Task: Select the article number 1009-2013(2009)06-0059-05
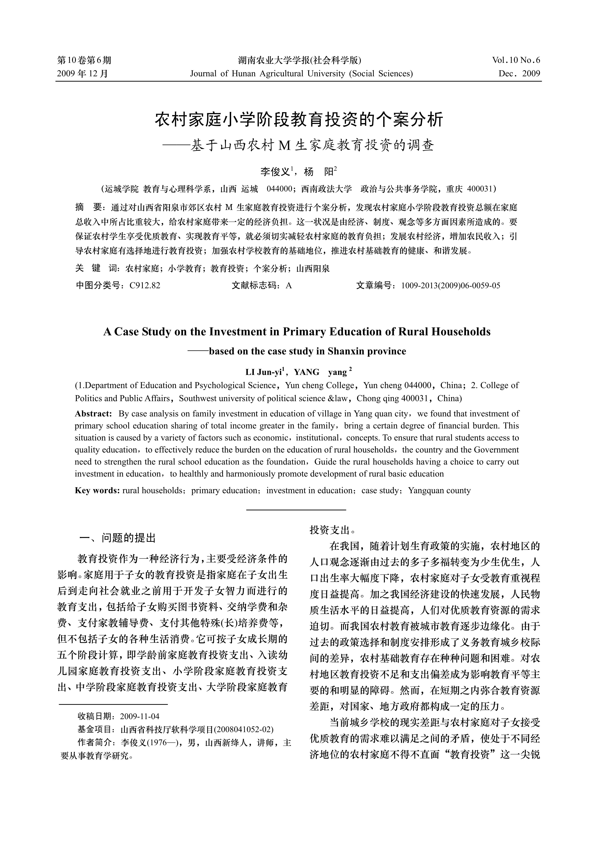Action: click(451, 286)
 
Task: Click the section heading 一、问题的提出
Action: click(118, 539)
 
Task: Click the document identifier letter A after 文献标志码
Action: click(289, 286)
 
